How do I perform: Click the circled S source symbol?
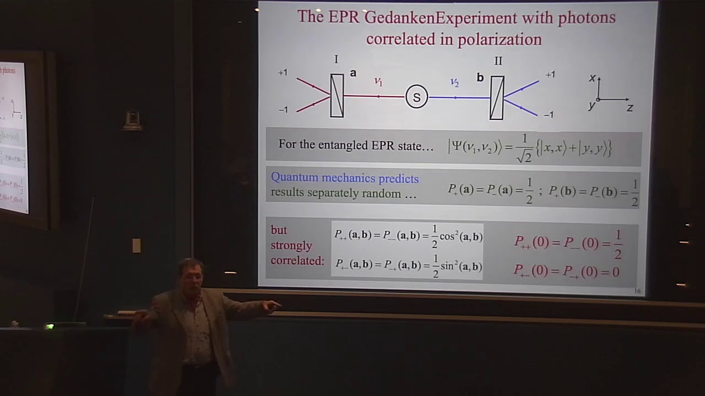416,97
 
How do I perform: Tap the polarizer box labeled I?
337,96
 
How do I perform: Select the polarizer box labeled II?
496,97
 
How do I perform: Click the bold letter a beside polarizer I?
353,73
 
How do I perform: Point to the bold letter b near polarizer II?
480,78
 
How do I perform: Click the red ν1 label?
378,81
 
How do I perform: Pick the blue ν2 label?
454,82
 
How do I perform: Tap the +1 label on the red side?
283,73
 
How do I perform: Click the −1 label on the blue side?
549,115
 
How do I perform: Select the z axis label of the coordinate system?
630,108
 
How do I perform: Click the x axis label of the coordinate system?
592,78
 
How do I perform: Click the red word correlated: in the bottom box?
297,261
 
